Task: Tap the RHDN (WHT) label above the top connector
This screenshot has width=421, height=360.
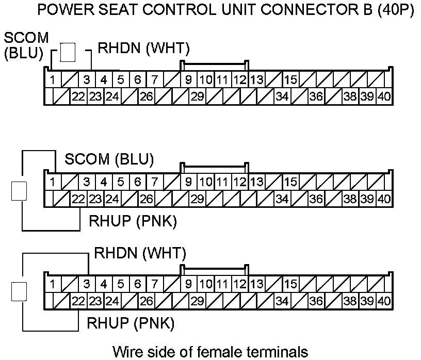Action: coord(144,49)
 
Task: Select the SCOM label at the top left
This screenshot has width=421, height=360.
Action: coord(26,38)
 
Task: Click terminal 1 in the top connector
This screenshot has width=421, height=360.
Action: coord(53,80)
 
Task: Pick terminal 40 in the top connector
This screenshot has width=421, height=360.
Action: coord(383,96)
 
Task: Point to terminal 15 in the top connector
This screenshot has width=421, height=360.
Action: coord(290,80)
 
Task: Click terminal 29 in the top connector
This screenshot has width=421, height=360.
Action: coord(197,96)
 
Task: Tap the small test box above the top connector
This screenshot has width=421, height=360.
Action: coord(68,52)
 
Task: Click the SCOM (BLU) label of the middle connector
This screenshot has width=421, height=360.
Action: coord(109,160)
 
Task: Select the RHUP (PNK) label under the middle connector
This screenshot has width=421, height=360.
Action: coord(133,222)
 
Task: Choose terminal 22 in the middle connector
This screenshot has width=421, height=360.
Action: coord(78,198)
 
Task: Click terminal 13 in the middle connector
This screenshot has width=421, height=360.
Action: coord(256,182)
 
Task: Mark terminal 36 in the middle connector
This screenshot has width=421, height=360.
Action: coord(316,198)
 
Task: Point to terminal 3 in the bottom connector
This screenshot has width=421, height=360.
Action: coord(87,284)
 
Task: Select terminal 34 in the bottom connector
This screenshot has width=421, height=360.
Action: coord(282,300)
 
